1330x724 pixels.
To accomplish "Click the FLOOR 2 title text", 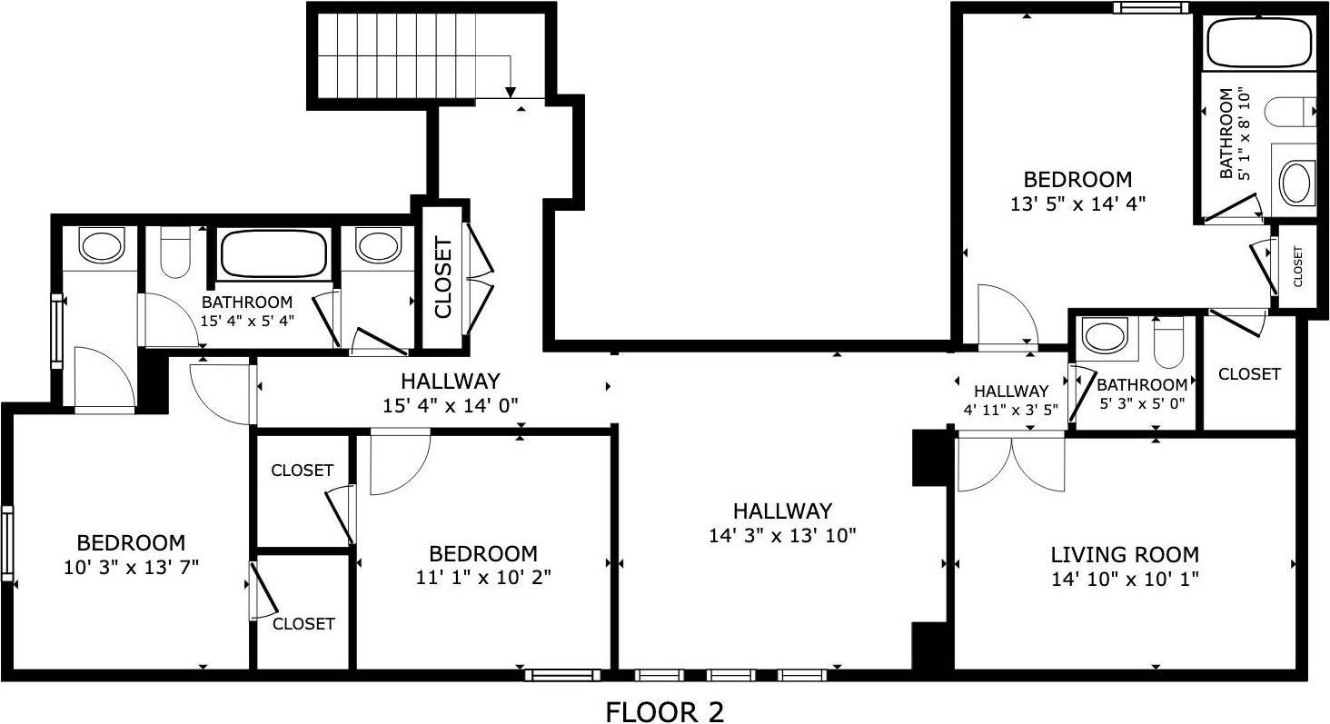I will (x=664, y=711).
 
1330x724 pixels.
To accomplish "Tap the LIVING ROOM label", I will (x=1125, y=554).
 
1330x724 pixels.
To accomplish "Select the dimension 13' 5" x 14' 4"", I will (x=1077, y=204).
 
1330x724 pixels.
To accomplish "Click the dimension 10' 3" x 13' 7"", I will (x=132, y=568).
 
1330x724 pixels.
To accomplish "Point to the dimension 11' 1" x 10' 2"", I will (x=482, y=577).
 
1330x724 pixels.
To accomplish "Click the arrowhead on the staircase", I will (x=511, y=91).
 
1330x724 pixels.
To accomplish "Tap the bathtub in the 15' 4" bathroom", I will (x=273, y=253).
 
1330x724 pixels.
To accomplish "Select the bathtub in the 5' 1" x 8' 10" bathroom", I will (x=1258, y=42).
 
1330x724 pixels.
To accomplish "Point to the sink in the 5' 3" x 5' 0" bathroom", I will (x=1105, y=336).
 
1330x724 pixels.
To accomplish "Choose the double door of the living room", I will (x=1010, y=461).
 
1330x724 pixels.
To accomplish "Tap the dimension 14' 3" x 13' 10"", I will (x=782, y=536).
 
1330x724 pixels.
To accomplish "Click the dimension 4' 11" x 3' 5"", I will (x=1011, y=410).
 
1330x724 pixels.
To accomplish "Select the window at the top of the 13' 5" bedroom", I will (x=1152, y=8).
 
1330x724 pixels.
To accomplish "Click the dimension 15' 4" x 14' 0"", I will (x=451, y=404).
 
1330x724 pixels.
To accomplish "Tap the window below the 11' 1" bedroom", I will (x=562, y=675).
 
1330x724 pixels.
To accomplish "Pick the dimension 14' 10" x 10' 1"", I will (x=1125, y=580).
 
